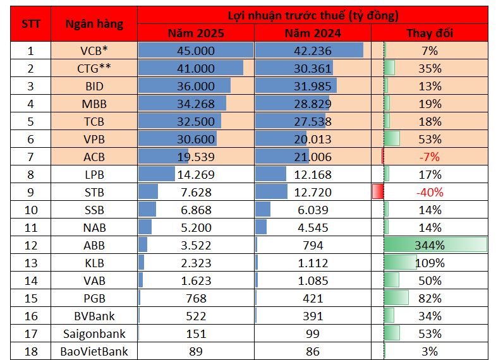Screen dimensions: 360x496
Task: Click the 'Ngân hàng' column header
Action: (94, 24)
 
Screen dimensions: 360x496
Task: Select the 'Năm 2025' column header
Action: (196, 33)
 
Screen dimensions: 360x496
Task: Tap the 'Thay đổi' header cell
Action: (429, 33)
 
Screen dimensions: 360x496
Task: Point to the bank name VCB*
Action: (94, 51)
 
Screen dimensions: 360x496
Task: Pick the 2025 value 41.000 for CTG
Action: (196, 68)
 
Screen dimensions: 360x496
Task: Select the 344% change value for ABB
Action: (429, 245)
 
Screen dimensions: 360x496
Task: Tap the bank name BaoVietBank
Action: (94, 351)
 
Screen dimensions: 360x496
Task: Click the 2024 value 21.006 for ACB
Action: (312, 157)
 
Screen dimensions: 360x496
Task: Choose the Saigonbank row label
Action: (94, 333)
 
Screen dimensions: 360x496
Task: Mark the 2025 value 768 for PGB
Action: (196, 298)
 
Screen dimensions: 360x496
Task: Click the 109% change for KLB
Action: (429, 263)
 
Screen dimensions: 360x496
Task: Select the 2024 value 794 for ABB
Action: (312, 245)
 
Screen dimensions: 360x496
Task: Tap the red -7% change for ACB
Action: (429, 157)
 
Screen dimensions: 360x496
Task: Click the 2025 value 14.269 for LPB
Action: (196, 174)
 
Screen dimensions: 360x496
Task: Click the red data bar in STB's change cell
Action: (378, 192)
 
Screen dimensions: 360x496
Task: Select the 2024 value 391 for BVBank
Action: (312, 316)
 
